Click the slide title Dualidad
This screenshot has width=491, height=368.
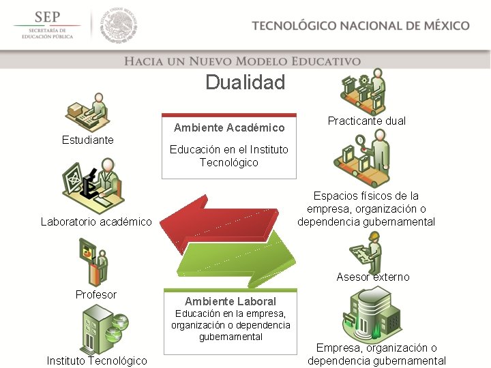coord(245,83)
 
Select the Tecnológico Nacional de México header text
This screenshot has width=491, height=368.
coord(360,26)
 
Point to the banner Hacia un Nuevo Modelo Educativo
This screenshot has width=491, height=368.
coord(242,61)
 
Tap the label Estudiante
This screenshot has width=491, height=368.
coord(88,140)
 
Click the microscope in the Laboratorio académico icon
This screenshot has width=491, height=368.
coord(89,187)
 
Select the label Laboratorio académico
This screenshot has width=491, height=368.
coord(96,221)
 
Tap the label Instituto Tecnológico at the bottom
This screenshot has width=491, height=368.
coord(96,361)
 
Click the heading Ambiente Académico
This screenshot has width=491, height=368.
coord(229,127)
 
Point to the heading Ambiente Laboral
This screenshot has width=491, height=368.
coord(230,301)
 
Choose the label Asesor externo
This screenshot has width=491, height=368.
coord(373,277)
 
